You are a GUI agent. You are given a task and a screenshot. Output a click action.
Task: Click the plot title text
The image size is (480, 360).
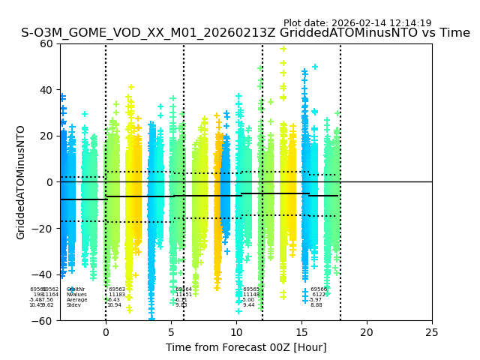[x=245, y=33]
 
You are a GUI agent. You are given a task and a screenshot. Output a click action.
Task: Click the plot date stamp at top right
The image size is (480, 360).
[x=357, y=23]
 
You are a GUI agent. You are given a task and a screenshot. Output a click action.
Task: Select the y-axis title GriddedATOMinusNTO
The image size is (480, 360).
[x=21, y=182]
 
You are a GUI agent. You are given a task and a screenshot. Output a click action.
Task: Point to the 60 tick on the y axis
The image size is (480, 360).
[x=46, y=43]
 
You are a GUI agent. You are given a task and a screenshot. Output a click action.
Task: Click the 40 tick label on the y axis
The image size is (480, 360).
[x=46, y=90]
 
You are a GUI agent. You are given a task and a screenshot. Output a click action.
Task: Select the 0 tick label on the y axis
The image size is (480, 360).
[x=49, y=182]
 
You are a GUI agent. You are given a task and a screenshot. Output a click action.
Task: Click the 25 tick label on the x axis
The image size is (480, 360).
[x=432, y=332]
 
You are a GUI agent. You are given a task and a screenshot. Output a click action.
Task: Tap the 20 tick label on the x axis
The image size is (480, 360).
[x=367, y=332]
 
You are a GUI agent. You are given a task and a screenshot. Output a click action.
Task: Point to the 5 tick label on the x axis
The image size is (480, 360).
[x=171, y=332]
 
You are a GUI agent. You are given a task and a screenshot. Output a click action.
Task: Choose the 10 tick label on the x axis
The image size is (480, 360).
[x=236, y=332]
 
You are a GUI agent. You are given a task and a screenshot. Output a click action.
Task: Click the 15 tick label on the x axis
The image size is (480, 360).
[x=301, y=332]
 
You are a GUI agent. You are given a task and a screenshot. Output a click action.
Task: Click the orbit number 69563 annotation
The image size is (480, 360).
[x=117, y=289]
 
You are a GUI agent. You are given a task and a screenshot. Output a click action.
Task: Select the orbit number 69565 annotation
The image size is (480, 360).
[x=251, y=289]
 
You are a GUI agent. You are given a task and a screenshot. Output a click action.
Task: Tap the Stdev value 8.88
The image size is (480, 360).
[x=316, y=305]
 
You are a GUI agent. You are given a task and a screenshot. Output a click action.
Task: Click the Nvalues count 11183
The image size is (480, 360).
[x=117, y=295]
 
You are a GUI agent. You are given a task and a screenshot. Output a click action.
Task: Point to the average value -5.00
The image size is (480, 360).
[x=250, y=300]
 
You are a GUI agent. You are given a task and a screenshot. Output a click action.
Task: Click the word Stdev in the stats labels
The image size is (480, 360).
[x=73, y=305]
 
